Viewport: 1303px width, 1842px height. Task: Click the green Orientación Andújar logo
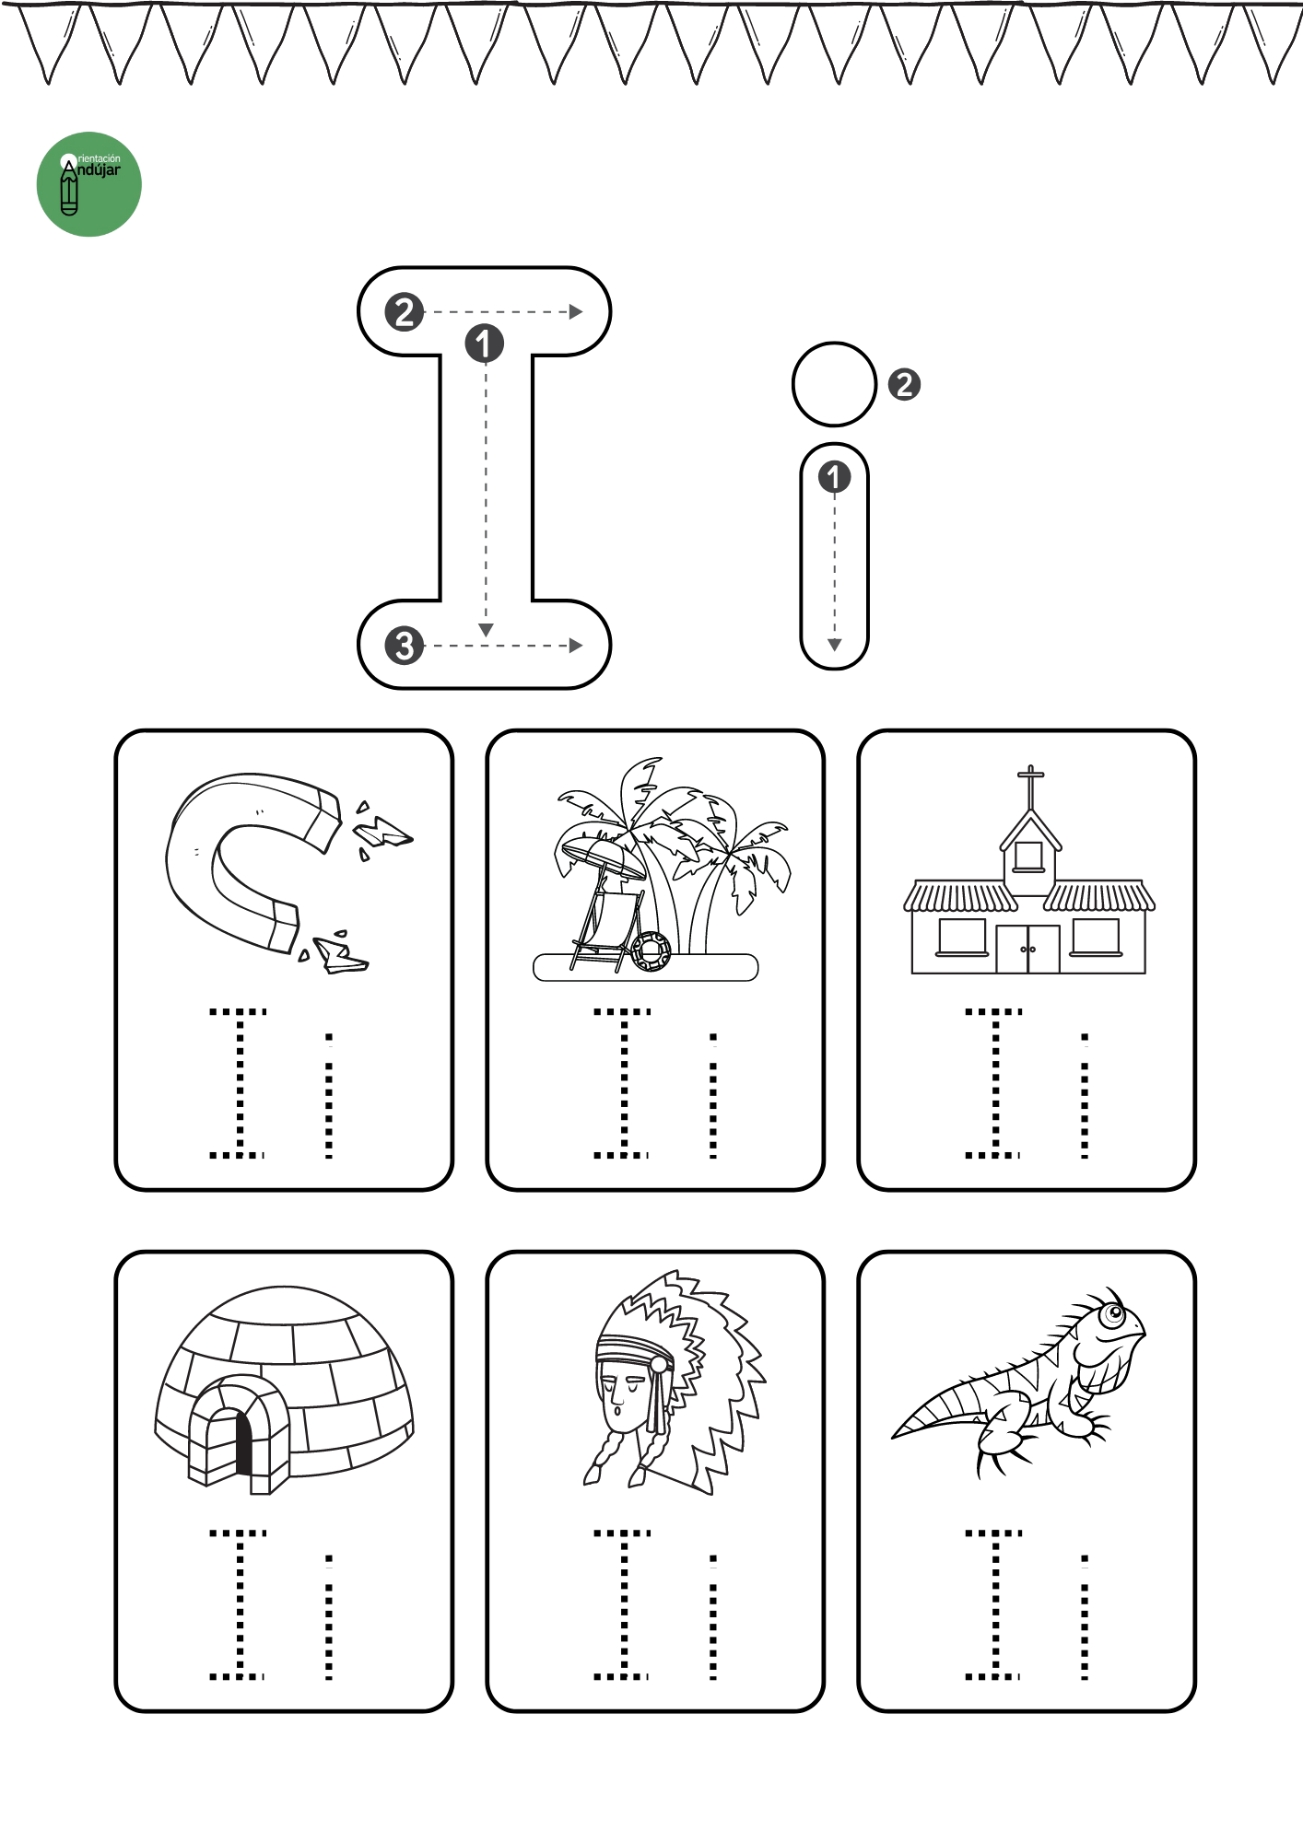(x=88, y=184)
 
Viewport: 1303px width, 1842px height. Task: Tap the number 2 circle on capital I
(x=405, y=312)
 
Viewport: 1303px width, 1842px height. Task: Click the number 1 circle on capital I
(x=484, y=344)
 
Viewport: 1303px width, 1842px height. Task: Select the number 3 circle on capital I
(x=405, y=646)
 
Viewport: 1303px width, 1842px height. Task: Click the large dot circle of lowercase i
(x=834, y=384)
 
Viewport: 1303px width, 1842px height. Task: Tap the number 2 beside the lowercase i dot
(x=904, y=384)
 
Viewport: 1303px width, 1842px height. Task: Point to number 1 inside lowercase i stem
(x=834, y=477)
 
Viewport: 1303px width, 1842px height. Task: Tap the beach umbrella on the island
(x=604, y=857)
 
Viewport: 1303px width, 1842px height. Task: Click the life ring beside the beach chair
(x=651, y=951)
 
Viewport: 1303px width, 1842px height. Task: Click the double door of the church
(x=1027, y=950)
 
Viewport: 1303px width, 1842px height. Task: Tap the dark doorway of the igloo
(x=243, y=1443)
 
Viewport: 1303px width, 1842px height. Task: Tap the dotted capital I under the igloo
(x=239, y=1604)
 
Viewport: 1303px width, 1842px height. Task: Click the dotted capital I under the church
(x=994, y=1083)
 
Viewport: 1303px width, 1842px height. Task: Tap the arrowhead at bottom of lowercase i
(x=834, y=645)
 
